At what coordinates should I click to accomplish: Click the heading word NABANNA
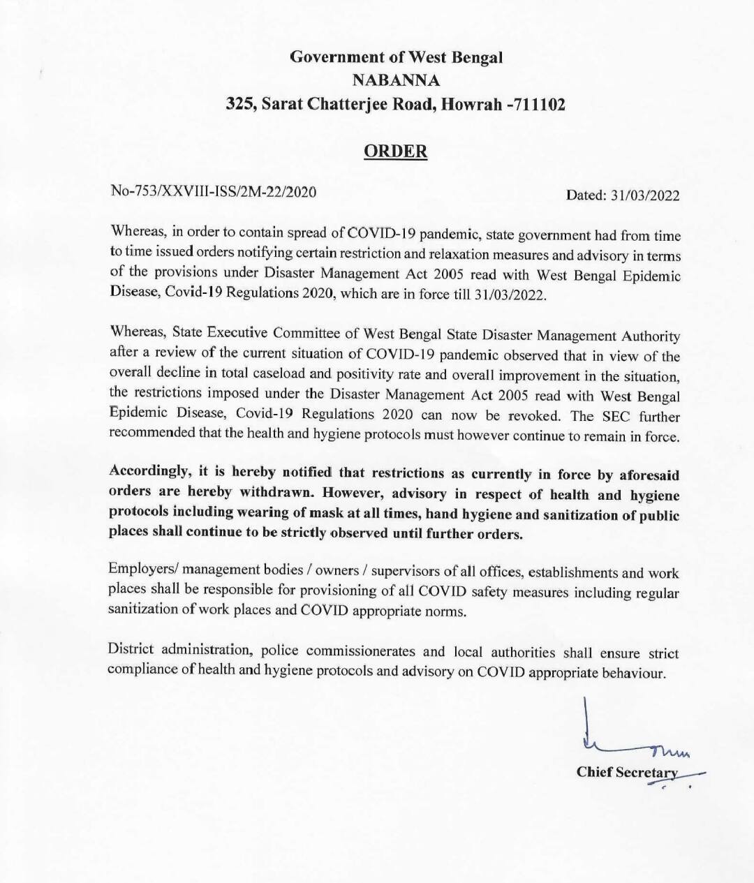[396, 80]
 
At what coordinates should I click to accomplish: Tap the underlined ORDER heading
[396, 151]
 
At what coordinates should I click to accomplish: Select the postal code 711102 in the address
[537, 105]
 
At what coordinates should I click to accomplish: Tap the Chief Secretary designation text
[626, 772]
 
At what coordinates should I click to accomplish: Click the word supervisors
[403, 570]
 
